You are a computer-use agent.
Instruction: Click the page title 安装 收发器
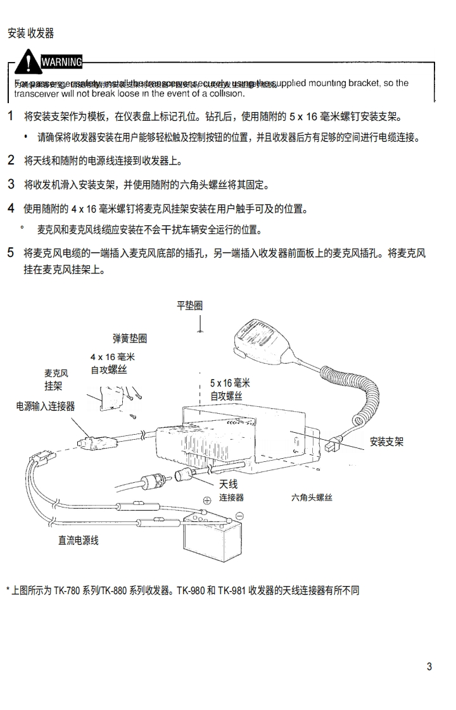pos(30,34)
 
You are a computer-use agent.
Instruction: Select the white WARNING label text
pos(61,62)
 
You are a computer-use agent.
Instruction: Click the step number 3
pos(11,185)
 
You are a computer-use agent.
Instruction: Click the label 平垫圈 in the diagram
pos(189,306)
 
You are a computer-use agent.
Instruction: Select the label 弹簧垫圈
pos(130,339)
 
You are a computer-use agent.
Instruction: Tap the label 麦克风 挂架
pos(56,380)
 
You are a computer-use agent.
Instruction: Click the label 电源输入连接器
pos(46,406)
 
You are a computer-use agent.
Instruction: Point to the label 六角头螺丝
pos(312,498)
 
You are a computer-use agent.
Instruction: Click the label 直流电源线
pos(79,540)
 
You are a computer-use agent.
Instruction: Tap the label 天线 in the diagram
pos(228,484)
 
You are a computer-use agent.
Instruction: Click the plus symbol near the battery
pos(206,501)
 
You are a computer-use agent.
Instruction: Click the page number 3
pos(429,666)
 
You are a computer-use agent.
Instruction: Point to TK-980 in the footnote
pos(190,590)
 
